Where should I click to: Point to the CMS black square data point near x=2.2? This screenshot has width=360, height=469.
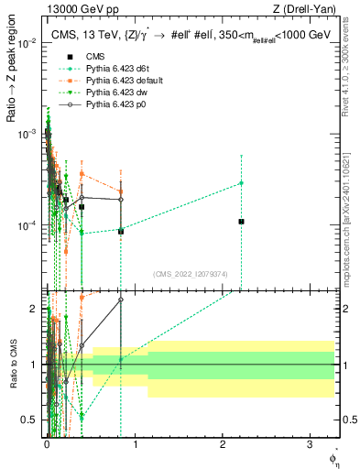pos(241,222)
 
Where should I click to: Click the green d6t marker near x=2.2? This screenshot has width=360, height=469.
pos(241,183)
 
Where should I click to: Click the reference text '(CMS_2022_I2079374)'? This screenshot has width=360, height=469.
pos(191,272)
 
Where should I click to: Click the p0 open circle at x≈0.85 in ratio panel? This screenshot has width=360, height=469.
pos(121,300)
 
